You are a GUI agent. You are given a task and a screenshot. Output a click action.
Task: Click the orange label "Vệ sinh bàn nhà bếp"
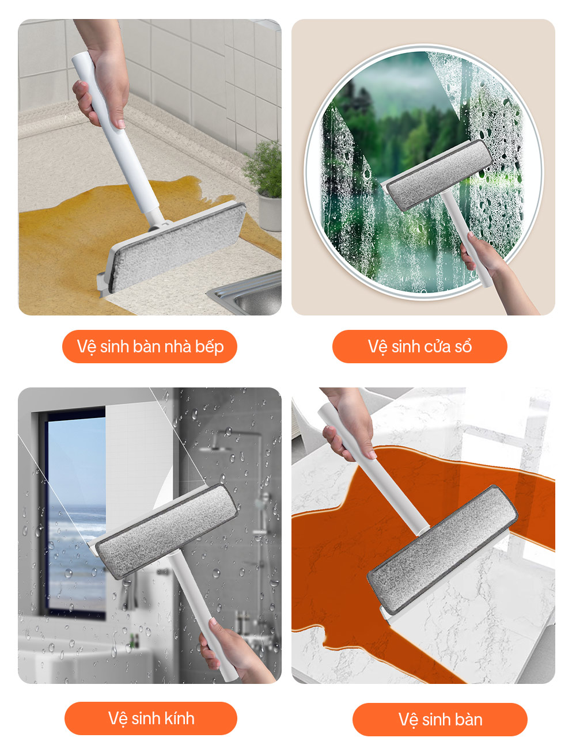(x=150, y=347)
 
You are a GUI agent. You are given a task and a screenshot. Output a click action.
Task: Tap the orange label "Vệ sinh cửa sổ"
(x=419, y=347)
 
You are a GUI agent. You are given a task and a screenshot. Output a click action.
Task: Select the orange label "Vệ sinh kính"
(x=151, y=718)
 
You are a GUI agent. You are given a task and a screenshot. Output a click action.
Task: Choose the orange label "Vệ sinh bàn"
(x=439, y=720)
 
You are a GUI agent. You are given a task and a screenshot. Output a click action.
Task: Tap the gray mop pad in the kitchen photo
(x=179, y=247)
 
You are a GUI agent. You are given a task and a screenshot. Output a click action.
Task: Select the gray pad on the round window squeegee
(x=439, y=175)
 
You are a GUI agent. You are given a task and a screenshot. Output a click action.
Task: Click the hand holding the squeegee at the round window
(x=484, y=254)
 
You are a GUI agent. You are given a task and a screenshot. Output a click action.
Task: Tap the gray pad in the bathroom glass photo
(x=166, y=531)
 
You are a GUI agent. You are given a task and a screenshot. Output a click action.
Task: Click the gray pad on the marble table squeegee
(x=443, y=549)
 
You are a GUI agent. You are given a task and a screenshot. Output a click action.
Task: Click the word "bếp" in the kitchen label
(x=210, y=347)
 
